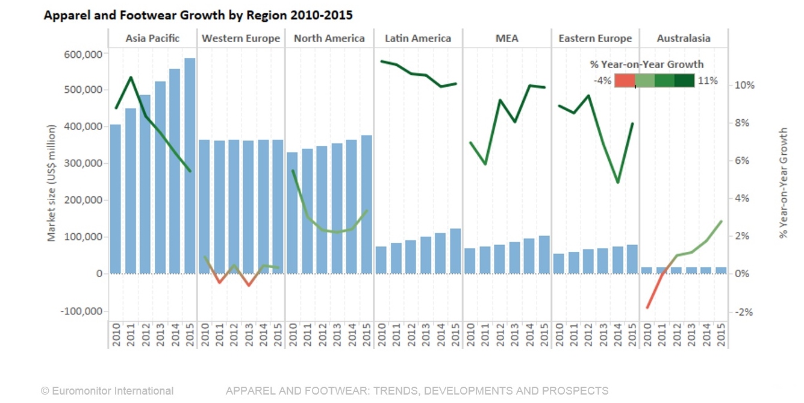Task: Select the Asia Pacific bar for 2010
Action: pyautogui.click(x=115, y=199)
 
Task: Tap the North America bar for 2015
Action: pyautogui.click(x=366, y=204)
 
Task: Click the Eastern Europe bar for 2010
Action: pyautogui.click(x=559, y=263)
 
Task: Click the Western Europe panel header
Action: pyautogui.click(x=241, y=39)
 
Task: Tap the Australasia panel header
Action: pyautogui.click(x=684, y=39)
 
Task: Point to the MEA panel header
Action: pyautogui.click(x=506, y=39)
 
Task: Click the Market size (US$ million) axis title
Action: pyautogui.click(x=52, y=183)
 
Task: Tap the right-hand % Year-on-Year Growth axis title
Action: pyautogui.click(x=783, y=183)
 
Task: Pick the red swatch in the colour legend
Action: pyautogui.click(x=625, y=81)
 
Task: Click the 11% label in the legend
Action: pyautogui.click(x=708, y=81)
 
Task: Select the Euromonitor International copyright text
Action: pyautogui.click(x=107, y=391)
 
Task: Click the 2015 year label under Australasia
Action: pyautogui.click(x=721, y=334)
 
